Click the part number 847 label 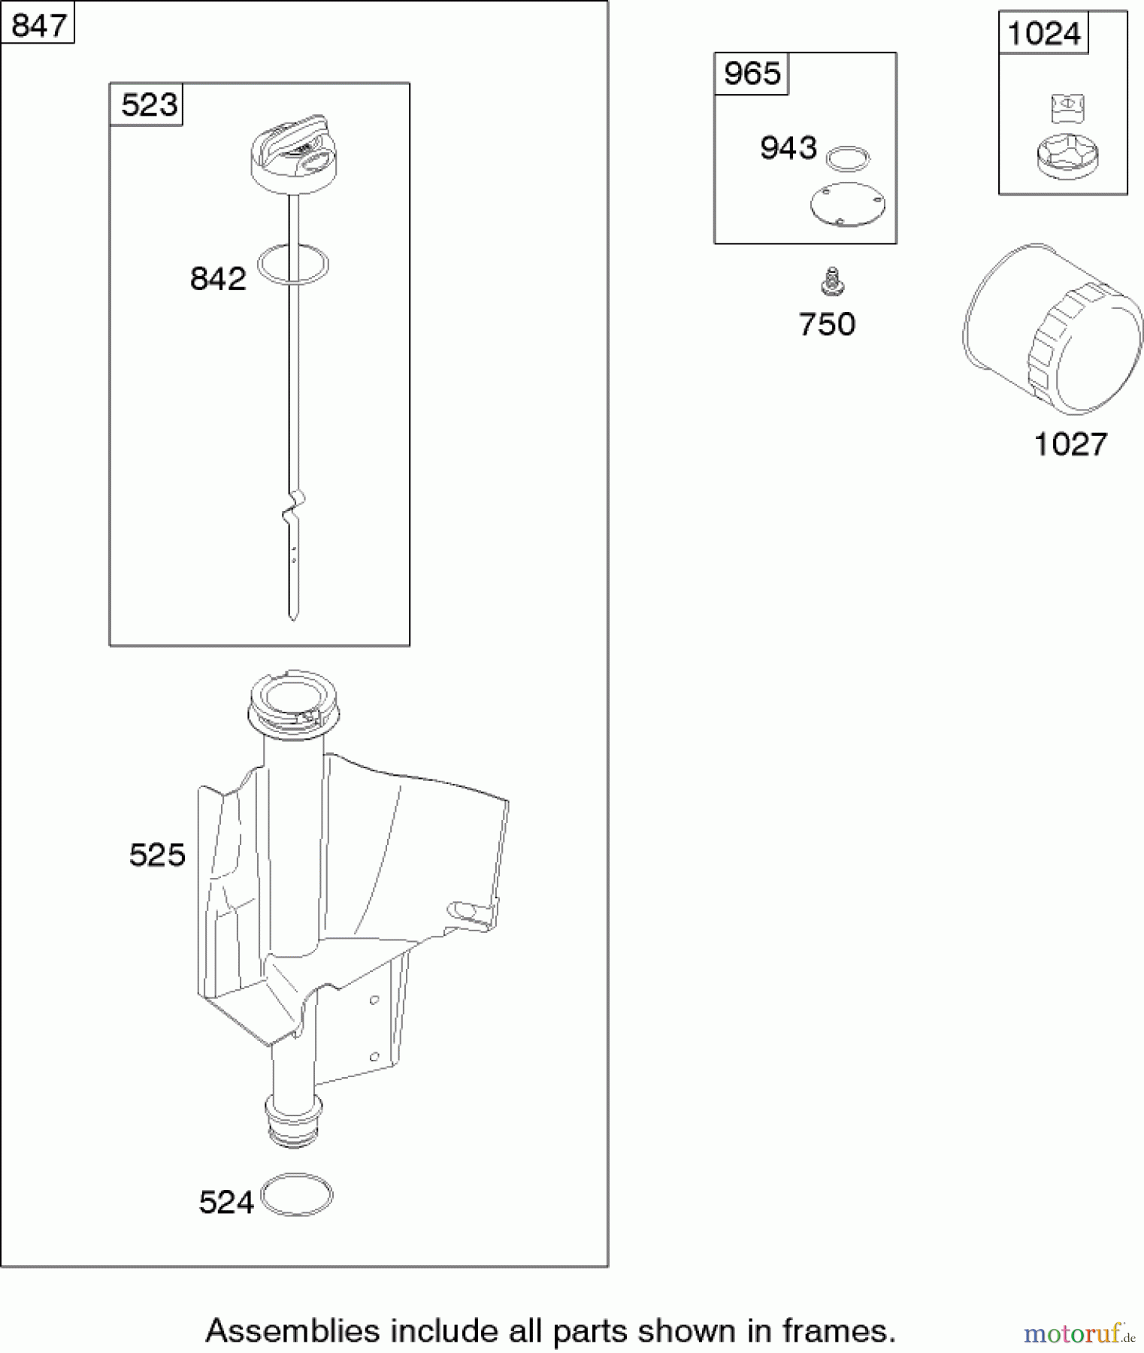click(39, 26)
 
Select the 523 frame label click(149, 104)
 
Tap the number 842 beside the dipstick click(218, 279)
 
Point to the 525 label click(157, 855)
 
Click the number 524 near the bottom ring click(226, 1203)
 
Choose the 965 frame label click(752, 73)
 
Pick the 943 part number click(788, 147)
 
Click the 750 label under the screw click(827, 324)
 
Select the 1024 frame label click(1043, 33)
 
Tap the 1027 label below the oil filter click(1070, 444)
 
